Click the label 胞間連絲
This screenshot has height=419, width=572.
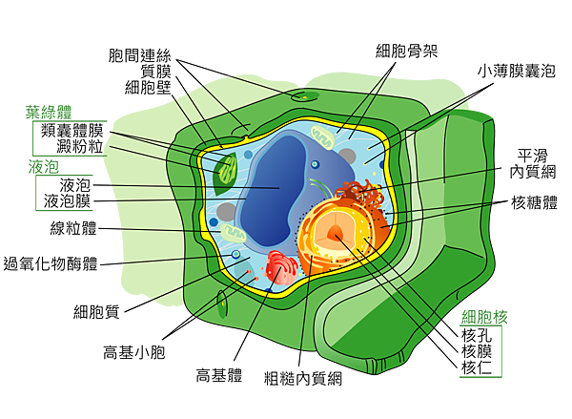(140, 55)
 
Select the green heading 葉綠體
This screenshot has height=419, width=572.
(49, 113)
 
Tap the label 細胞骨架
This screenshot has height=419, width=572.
(407, 51)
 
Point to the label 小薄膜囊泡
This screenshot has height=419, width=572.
(517, 71)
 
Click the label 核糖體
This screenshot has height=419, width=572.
(535, 202)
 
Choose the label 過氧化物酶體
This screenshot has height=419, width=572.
(51, 263)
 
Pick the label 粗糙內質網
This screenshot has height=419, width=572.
(303, 379)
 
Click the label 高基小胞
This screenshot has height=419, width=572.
(134, 352)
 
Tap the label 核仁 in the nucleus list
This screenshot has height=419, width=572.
(477, 367)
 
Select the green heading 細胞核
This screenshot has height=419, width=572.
(484, 317)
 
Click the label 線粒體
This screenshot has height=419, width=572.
(73, 228)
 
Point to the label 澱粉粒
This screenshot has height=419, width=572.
(80, 146)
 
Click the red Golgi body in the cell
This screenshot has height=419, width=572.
(281, 268)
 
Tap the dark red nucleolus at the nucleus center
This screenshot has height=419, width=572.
(335, 232)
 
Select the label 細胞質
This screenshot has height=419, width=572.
(96, 312)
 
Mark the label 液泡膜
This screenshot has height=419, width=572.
(67, 201)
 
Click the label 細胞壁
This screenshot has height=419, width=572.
(148, 88)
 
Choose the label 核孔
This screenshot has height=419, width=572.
(477, 335)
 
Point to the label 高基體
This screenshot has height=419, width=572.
(219, 375)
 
